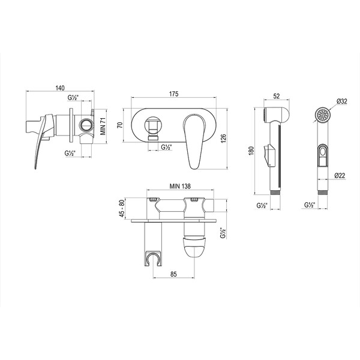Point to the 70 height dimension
(119, 125)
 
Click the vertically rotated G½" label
(223, 232)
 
